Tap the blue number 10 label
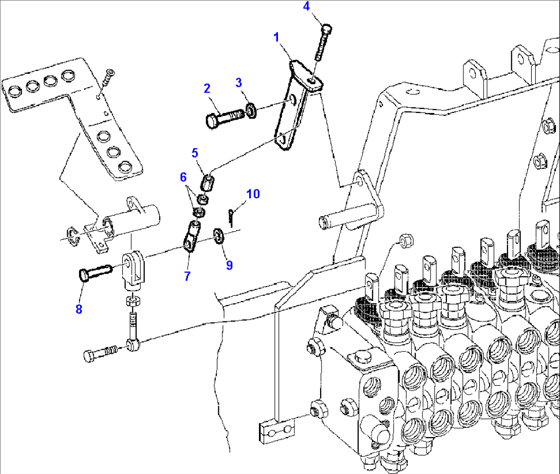[253, 194]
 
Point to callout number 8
[79, 309]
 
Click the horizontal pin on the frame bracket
[342, 215]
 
